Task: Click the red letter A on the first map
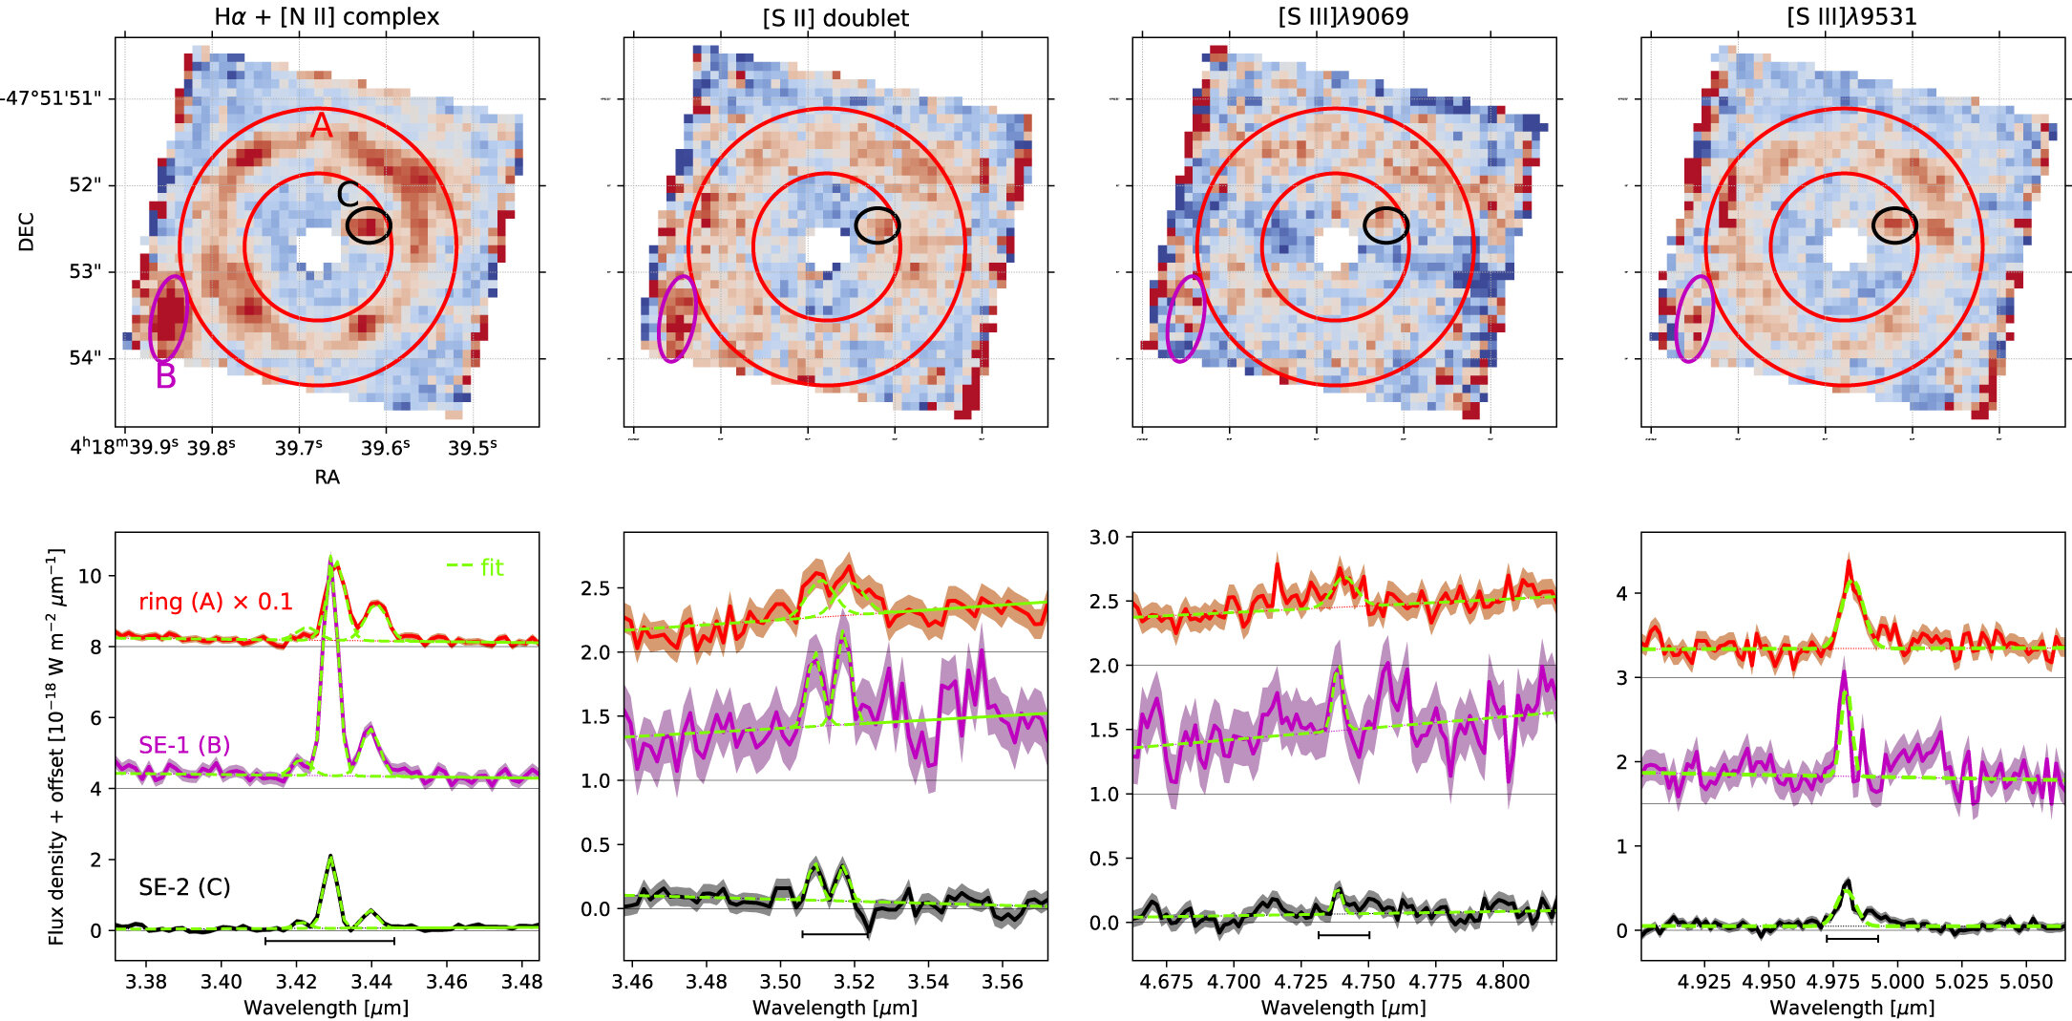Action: click(321, 126)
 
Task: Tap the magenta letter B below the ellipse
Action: click(166, 376)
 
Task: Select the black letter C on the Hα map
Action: click(349, 194)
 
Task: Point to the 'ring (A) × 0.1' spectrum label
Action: click(216, 602)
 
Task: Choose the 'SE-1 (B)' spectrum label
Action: click(184, 745)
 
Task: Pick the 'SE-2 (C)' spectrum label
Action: click(184, 886)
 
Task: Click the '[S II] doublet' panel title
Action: click(835, 17)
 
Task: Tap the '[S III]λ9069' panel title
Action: click(1343, 17)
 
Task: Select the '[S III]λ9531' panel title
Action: click(1851, 17)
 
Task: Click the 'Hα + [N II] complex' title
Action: click(327, 17)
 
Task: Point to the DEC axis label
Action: click(27, 232)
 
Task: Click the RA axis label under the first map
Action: click(327, 477)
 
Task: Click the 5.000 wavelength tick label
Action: click(1897, 981)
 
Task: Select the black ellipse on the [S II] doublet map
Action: click(877, 225)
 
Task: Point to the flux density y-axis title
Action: click(56, 746)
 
